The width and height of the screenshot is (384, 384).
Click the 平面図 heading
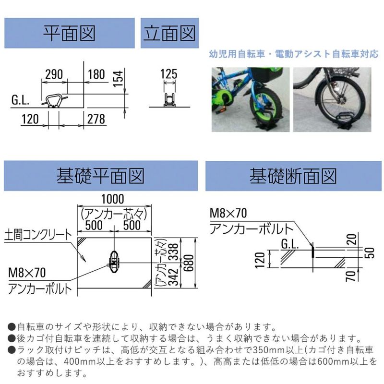[70, 33]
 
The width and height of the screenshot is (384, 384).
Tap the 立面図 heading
[169, 33]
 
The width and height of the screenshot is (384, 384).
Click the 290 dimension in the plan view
[54, 74]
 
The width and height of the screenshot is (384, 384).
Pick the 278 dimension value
[96, 120]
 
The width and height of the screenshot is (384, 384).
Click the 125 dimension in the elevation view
[169, 74]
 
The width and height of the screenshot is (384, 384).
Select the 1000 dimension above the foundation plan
[113, 199]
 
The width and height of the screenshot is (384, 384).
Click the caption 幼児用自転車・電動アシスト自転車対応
[293, 54]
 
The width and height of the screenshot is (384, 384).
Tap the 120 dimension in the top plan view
[30, 120]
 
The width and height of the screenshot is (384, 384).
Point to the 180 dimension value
[96, 74]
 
